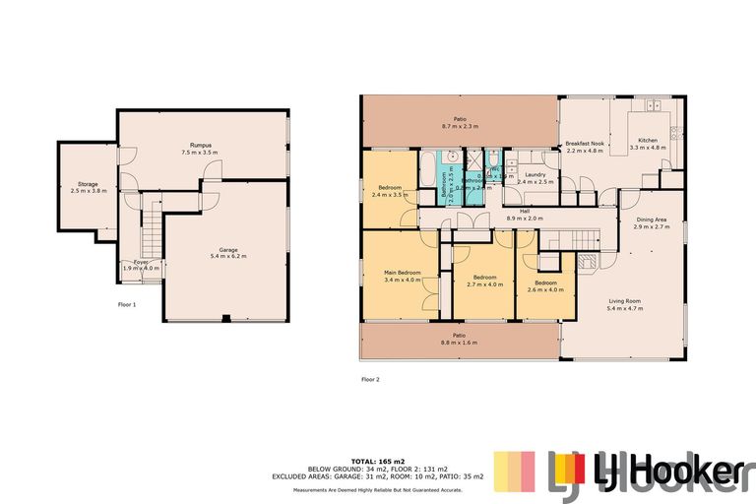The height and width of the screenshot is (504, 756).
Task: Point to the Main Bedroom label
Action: pos(403,276)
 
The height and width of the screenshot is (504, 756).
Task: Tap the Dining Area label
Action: pos(652,222)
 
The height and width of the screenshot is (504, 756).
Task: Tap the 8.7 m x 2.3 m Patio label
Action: pos(459,123)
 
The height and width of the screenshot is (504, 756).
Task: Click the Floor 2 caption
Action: pos(370,378)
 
